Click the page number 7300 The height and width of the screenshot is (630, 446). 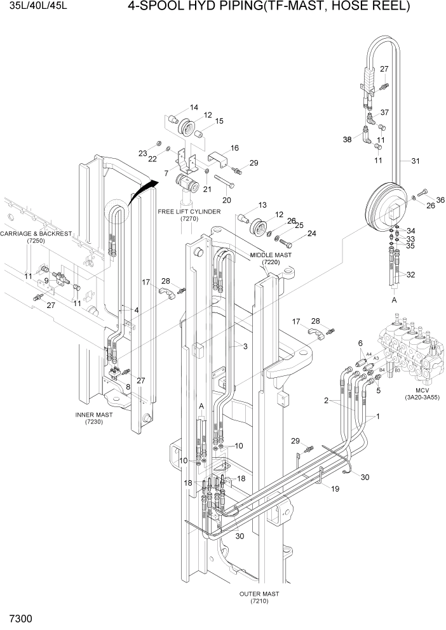[21, 618]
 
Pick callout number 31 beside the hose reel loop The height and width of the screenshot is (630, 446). [416, 161]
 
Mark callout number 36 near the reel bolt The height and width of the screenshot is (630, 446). [440, 201]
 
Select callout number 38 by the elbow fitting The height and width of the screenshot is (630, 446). [347, 140]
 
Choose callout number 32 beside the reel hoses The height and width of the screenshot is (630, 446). [410, 275]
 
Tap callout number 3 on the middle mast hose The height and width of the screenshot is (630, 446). [245, 346]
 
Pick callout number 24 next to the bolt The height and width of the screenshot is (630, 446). [311, 234]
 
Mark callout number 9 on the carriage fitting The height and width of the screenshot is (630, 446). [46, 280]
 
